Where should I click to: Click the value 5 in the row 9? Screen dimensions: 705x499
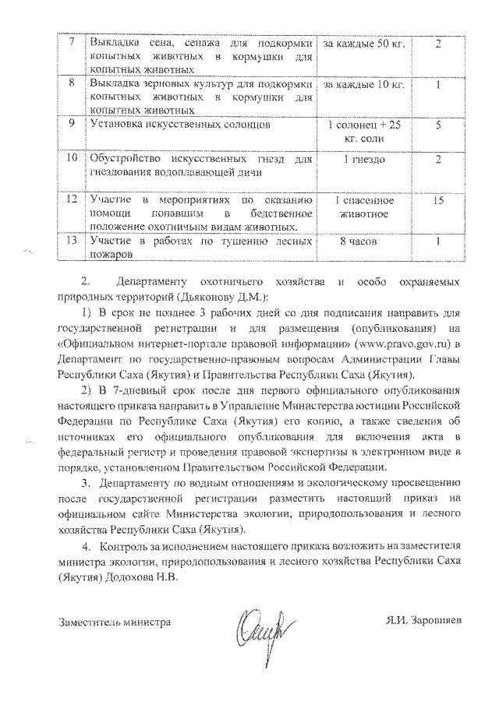click(x=439, y=125)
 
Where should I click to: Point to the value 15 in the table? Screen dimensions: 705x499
click(x=439, y=200)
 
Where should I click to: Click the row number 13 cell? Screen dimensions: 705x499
click(x=71, y=248)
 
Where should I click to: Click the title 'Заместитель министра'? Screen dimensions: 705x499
click(x=115, y=623)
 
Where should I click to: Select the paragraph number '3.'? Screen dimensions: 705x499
click(x=88, y=484)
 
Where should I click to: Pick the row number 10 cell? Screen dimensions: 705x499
click(x=71, y=165)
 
